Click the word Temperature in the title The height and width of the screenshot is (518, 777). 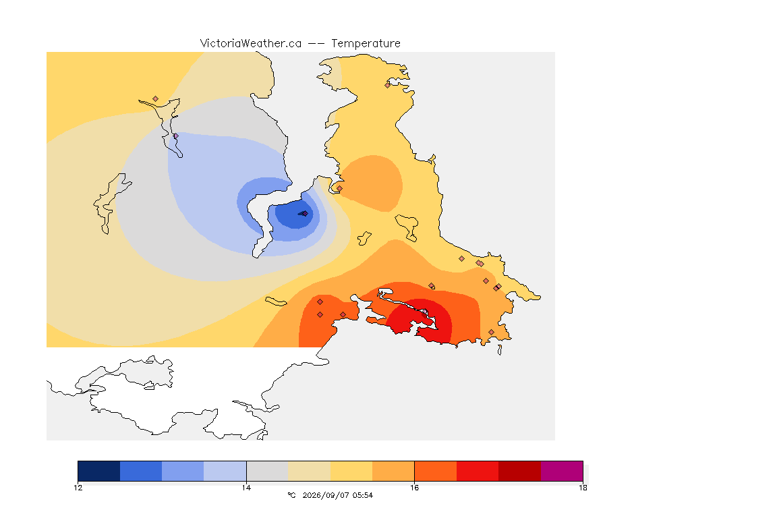[366, 44]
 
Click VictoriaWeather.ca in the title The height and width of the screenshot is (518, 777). [251, 44]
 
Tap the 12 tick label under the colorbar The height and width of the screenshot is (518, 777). [78, 488]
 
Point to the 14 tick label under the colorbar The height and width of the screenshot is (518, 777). [246, 488]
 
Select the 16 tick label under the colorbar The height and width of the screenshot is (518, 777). [414, 488]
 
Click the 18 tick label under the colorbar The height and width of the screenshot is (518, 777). [583, 488]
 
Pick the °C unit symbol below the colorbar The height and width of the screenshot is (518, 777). [291, 495]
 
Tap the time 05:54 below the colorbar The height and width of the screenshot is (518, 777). [363, 495]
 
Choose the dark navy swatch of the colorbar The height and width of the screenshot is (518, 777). [99, 471]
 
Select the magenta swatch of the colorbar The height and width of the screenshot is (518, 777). [561, 471]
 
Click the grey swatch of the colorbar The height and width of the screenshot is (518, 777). [267, 471]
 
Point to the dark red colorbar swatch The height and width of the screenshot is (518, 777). [519, 471]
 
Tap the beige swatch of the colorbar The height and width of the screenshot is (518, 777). [309, 471]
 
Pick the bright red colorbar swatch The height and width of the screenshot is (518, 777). [478, 471]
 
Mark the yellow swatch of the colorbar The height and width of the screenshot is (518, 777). [351, 471]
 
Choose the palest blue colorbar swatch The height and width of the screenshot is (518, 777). [225, 471]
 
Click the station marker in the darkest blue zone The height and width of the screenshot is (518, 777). [305, 214]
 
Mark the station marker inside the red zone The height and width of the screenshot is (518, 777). [424, 313]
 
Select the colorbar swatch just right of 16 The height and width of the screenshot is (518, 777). [435, 471]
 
